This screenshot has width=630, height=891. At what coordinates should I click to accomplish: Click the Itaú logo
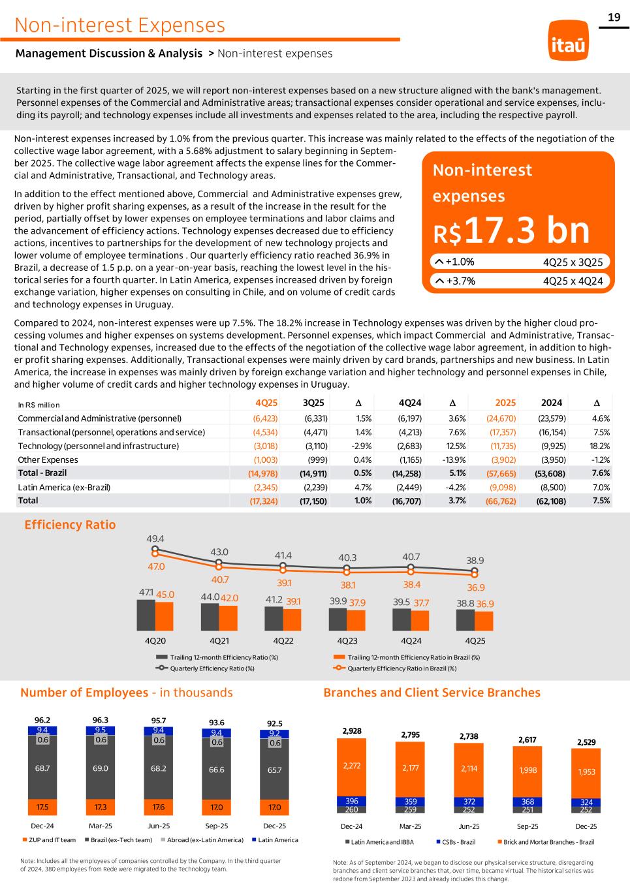click(568, 40)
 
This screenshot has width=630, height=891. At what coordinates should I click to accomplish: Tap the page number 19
click(614, 18)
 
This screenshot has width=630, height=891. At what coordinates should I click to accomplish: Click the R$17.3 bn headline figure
click(511, 230)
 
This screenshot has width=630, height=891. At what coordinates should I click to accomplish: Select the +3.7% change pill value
click(460, 281)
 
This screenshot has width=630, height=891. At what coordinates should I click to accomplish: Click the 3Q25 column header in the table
click(315, 403)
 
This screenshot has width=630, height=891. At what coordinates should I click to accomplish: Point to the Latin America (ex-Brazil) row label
click(64, 487)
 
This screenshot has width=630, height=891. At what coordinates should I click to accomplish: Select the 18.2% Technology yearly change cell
click(599, 446)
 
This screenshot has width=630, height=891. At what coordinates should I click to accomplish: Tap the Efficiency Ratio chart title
click(70, 525)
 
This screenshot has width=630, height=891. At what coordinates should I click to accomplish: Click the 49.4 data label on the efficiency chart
click(155, 539)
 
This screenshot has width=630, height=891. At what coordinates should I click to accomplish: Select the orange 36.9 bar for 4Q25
click(484, 619)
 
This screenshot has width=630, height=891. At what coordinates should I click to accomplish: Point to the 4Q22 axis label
click(283, 641)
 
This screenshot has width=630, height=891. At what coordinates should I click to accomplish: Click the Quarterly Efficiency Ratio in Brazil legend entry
click(402, 668)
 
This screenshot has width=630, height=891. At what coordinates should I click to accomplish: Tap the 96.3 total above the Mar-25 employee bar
click(101, 721)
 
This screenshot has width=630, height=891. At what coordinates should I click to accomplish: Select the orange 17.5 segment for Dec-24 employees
click(42, 807)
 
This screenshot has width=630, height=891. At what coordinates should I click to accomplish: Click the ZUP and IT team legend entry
click(49, 840)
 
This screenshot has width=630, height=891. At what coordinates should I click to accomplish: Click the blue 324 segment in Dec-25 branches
click(586, 802)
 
